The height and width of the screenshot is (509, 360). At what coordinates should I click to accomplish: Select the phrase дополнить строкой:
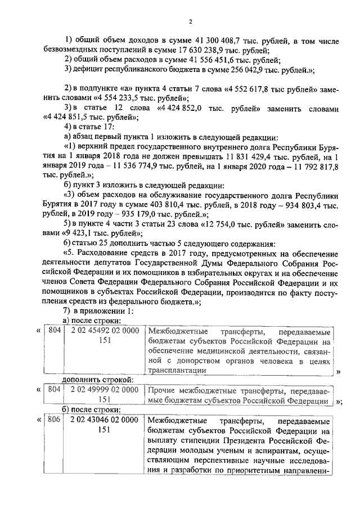(97, 380)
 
